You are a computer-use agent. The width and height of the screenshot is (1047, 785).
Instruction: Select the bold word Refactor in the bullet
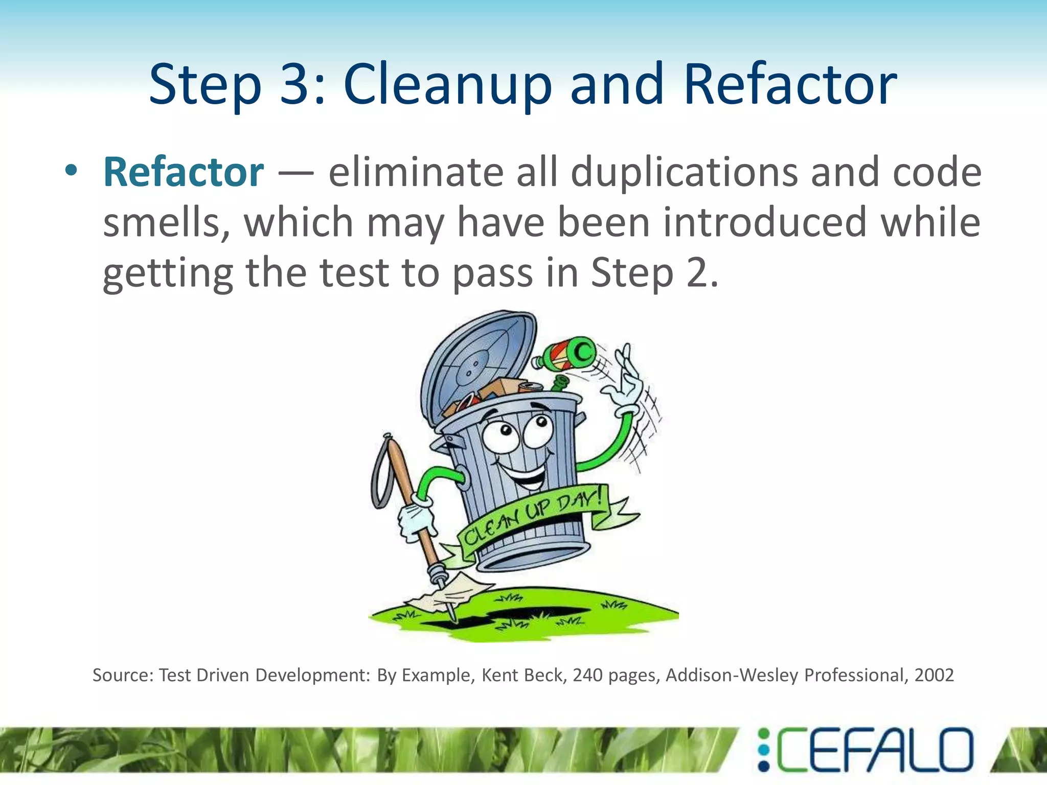tap(183, 172)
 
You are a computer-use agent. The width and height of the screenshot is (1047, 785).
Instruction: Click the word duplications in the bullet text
tap(684, 172)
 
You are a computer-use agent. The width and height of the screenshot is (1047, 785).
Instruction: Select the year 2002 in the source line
tap(934, 676)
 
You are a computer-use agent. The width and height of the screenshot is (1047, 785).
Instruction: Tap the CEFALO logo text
tap(874, 750)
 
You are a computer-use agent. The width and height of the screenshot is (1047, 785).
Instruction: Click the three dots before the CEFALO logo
tap(763, 750)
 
